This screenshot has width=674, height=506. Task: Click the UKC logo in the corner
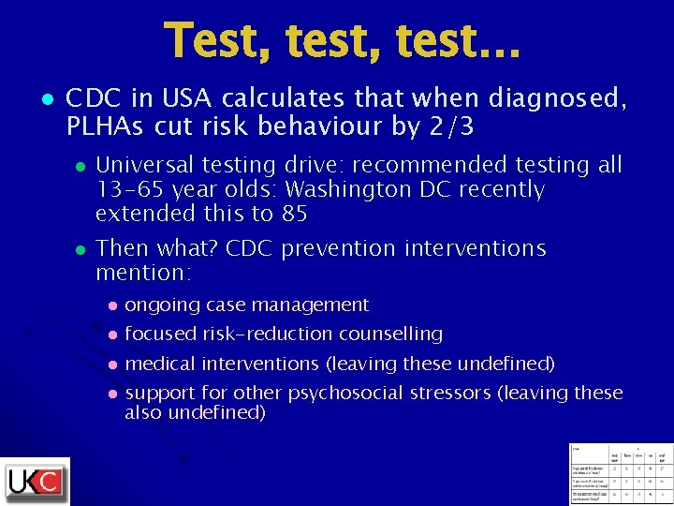point(36,482)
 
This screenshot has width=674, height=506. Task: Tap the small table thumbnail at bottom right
point(621,473)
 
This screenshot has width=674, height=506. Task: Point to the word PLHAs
point(103,126)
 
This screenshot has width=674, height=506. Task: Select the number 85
point(294,215)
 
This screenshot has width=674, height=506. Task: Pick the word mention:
point(144,274)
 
